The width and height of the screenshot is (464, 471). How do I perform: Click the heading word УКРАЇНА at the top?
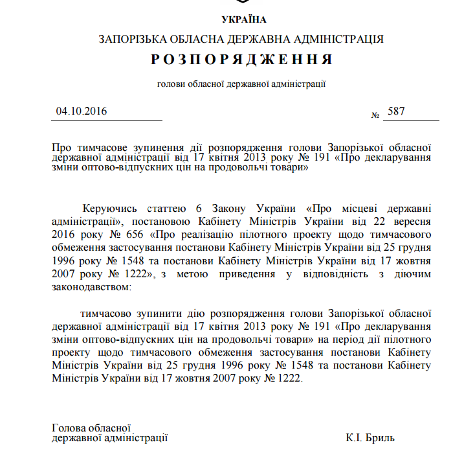point(243,19)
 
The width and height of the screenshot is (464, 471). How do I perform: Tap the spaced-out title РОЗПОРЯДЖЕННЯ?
point(242,60)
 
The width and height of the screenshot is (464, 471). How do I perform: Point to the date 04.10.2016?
point(82,111)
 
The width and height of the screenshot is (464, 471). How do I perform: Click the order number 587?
point(395,111)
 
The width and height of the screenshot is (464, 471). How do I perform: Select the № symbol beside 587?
point(375,115)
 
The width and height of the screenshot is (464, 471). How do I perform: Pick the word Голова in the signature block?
point(68,428)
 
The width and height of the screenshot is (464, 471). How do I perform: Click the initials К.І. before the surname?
point(355,439)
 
